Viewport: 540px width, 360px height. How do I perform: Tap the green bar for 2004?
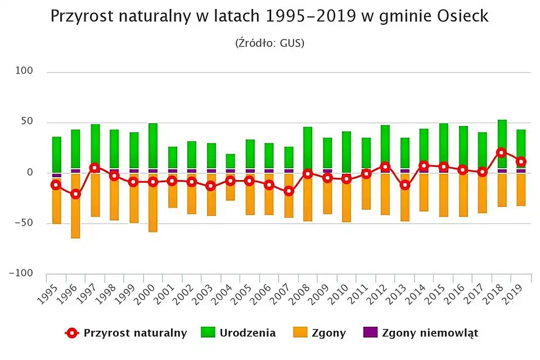231,161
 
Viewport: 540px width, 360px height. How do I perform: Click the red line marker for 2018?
502,152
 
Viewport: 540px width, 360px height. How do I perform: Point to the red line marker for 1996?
75,194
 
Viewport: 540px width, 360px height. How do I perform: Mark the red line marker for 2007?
289,191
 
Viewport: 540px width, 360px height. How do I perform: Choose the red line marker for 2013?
405,185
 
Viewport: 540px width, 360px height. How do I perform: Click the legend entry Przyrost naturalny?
126,333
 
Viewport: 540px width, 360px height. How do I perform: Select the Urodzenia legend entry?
238,333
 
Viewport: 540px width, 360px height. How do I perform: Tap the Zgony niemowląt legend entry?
420,333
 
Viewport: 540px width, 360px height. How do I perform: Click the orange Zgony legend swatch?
301,333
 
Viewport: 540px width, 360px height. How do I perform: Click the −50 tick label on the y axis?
24,223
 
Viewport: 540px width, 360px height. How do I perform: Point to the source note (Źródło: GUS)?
270,43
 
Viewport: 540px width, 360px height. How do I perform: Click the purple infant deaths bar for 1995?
56,175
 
